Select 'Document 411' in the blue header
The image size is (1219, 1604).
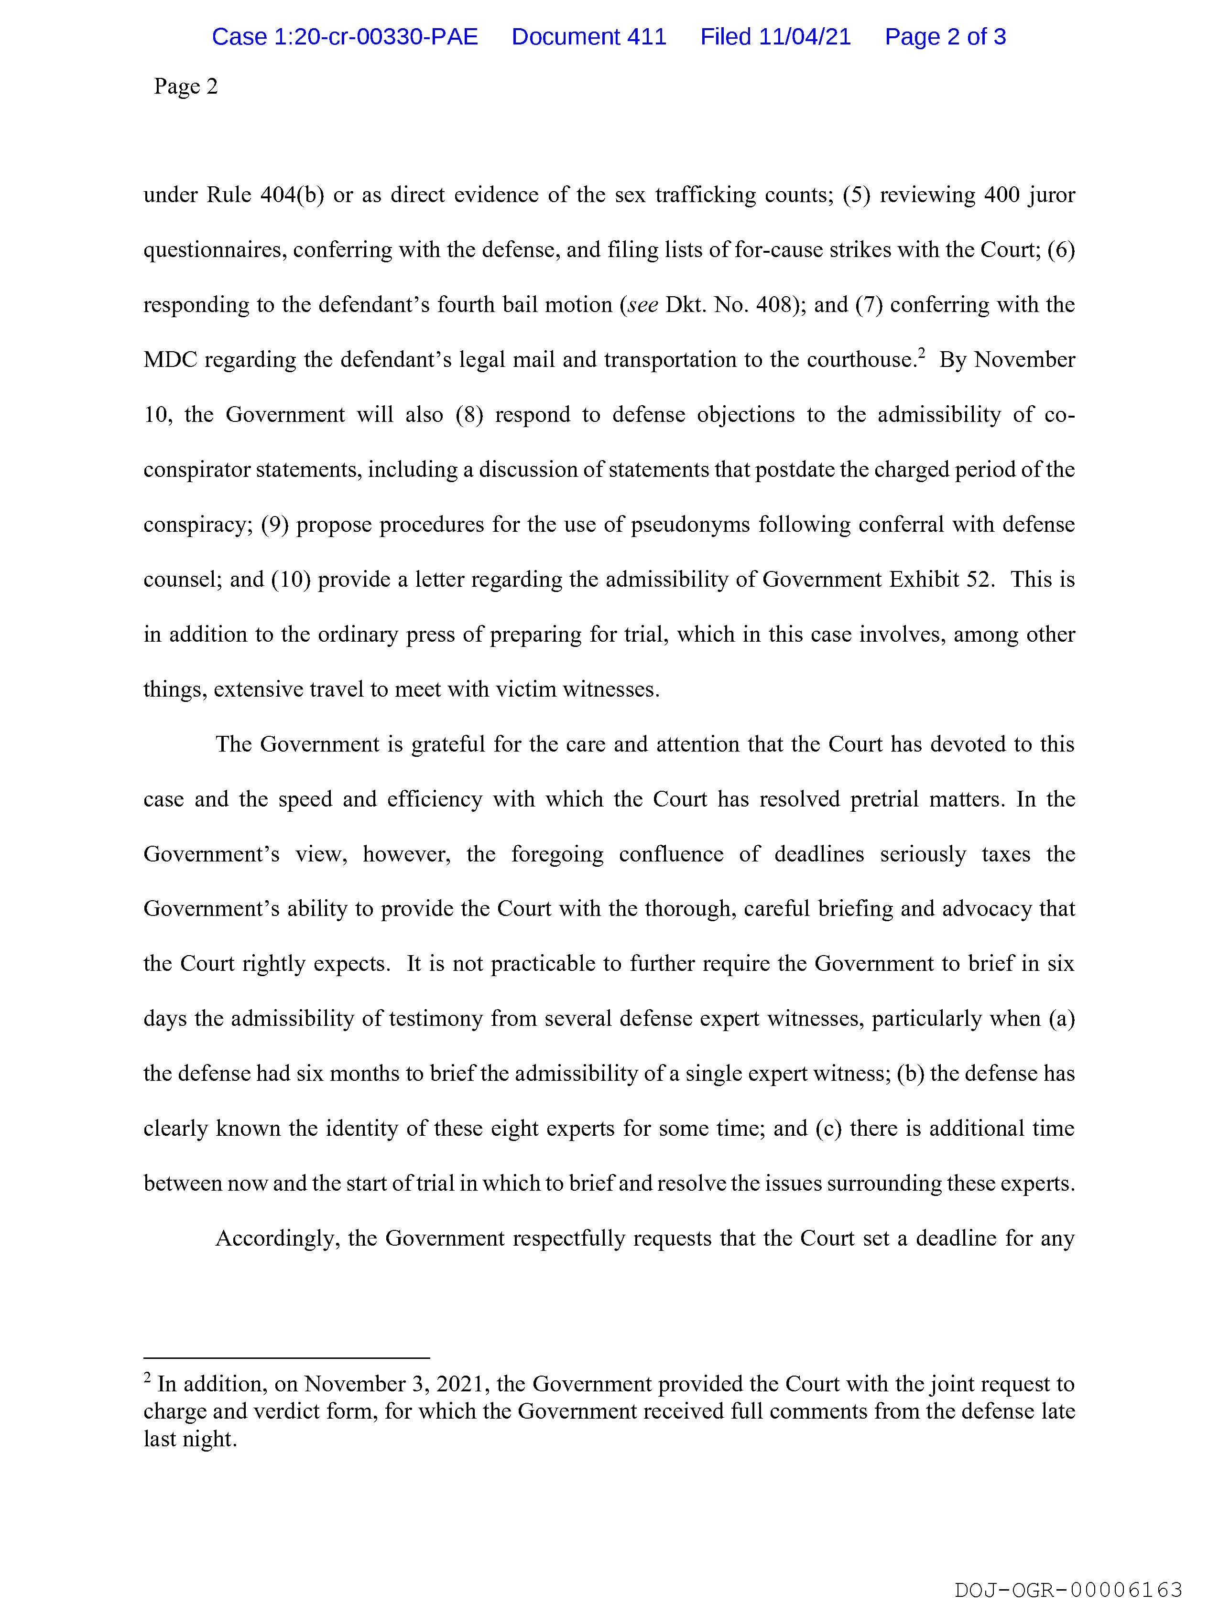pyautogui.click(x=588, y=37)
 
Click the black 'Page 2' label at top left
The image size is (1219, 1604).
pyautogui.click(x=186, y=87)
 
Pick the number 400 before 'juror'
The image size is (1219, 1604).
pyautogui.click(x=1001, y=195)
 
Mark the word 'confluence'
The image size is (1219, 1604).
pyautogui.click(x=671, y=854)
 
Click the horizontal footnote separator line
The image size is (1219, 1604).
pyautogui.click(x=287, y=1357)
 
